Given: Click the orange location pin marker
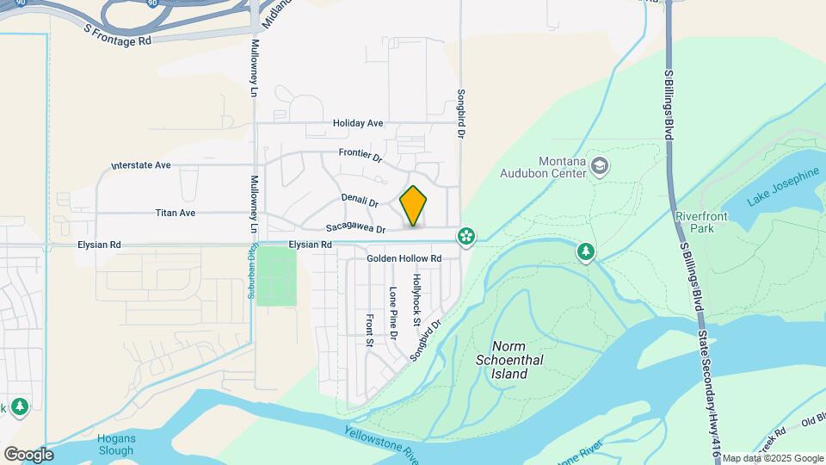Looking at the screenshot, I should tap(414, 206).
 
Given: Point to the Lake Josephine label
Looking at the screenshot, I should tap(783, 187).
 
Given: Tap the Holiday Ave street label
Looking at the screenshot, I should tap(358, 123).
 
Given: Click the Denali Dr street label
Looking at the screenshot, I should tap(360, 201).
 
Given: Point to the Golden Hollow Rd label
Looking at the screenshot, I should tap(404, 258).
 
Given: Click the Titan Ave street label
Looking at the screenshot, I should tap(176, 212).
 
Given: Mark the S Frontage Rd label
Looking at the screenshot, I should tap(118, 34).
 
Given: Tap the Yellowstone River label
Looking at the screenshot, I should tap(381, 443).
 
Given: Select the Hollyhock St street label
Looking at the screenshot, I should tap(416, 300).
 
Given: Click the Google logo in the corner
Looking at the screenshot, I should tap(28, 454).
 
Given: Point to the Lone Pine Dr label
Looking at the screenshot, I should tap(393, 313).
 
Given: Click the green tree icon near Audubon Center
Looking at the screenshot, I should tap(586, 251).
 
